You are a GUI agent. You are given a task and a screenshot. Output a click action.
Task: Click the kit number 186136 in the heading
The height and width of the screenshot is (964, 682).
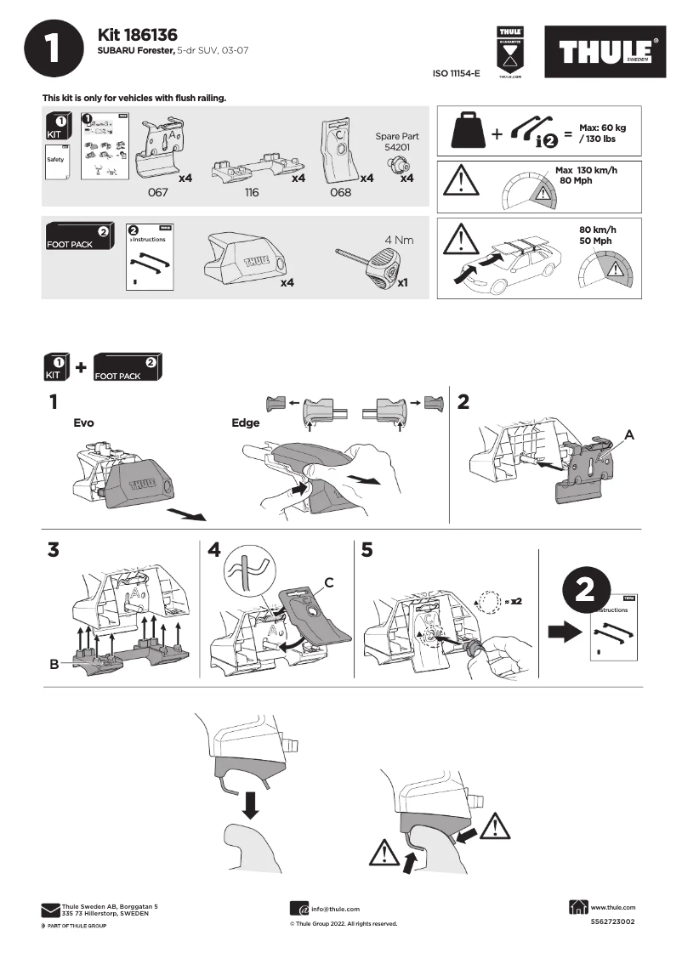[150, 35]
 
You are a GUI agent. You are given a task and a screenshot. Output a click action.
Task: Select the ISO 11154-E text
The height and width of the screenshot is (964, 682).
[457, 74]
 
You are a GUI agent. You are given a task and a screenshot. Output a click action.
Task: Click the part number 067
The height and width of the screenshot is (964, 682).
[158, 193]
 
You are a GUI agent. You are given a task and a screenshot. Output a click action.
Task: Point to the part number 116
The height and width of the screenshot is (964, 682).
[251, 193]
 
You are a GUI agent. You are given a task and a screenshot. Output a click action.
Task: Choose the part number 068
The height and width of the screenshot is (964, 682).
[339, 193]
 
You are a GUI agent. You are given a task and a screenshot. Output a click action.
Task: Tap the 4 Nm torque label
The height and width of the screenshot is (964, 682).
[398, 240]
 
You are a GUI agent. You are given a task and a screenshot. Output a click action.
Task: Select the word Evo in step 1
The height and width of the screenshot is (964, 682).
[83, 422]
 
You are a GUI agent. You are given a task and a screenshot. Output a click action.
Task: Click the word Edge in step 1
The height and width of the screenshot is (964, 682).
[245, 422]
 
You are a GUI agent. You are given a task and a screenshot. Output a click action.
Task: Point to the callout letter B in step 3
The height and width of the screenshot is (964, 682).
[54, 665]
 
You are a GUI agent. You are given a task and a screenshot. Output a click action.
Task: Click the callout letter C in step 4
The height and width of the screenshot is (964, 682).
[327, 582]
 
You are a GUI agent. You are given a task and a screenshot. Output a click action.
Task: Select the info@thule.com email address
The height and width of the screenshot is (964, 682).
[335, 909]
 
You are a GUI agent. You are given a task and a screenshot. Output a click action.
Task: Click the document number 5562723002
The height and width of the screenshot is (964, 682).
[612, 921]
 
